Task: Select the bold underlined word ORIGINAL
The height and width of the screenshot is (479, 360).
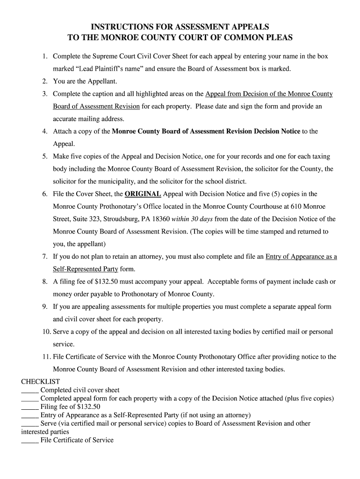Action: point(143,194)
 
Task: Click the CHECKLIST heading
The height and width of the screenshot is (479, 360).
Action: point(41,382)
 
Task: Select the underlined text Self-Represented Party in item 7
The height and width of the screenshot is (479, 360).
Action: point(86,269)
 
